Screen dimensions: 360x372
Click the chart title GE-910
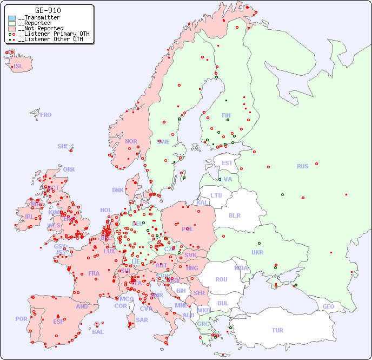coord(48,10)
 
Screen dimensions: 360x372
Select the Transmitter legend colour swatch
coord(12,18)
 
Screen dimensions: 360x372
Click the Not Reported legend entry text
coord(41,28)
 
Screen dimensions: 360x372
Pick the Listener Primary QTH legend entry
coord(50,34)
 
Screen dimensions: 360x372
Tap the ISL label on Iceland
coord(18,67)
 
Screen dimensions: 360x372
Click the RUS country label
coord(302,166)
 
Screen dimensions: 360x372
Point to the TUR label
coord(277,330)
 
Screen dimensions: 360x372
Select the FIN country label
coord(226,115)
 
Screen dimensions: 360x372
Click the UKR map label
coord(257,252)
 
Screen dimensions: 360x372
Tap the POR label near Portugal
coord(21,319)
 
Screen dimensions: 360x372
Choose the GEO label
coord(328,306)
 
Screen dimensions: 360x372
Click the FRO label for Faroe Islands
coord(46,115)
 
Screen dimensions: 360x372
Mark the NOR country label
coord(131,141)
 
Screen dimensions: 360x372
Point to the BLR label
coord(234,215)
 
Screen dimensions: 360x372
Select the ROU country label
coord(221,279)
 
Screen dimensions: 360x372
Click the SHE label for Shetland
coord(63,146)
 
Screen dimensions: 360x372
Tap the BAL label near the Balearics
coord(98,332)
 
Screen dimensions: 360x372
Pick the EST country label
coord(227,163)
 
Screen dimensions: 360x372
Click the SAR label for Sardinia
coord(142,320)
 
